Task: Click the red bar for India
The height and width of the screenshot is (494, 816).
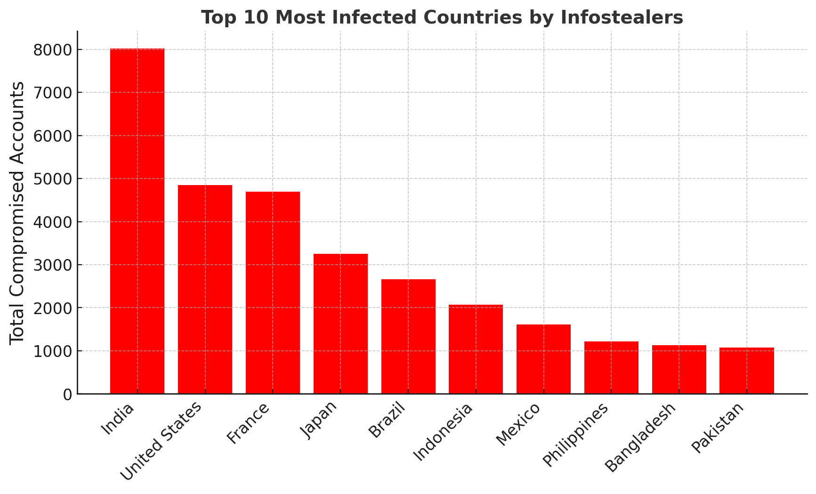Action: [137, 221]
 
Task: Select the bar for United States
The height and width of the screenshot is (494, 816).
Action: [205, 289]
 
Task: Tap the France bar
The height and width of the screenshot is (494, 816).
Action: [273, 292]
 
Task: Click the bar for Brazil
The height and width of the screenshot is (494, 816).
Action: [408, 336]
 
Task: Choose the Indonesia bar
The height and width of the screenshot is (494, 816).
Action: [476, 349]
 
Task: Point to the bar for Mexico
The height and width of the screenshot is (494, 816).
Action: [543, 359]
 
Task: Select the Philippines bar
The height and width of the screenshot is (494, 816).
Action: [611, 367]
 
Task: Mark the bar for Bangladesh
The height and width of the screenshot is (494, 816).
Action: [679, 369]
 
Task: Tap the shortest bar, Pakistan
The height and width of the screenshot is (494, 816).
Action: [747, 371]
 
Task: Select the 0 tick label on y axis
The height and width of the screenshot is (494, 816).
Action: [67, 394]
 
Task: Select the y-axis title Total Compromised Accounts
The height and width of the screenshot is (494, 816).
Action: [17, 212]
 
